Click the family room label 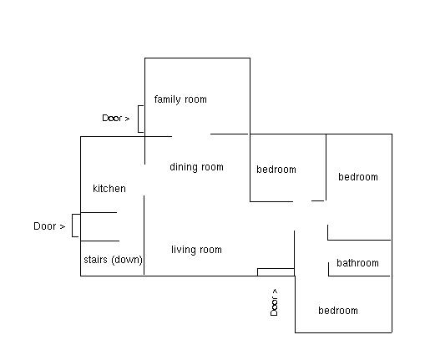(x=180, y=99)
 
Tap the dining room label (x=196, y=167)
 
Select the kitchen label (x=109, y=189)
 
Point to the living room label (x=196, y=250)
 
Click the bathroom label (x=357, y=263)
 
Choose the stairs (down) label (x=113, y=260)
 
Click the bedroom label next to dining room (x=276, y=170)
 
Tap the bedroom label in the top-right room (x=358, y=177)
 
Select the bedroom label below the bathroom (x=338, y=311)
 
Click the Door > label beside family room (x=116, y=119)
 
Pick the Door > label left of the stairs (x=49, y=226)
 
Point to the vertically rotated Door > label (x=274, y=302)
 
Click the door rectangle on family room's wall (x=141, y=119)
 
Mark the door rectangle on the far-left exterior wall (x=76, y=226)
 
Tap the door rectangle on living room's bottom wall (x=276, y=271)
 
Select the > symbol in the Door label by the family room (x=127, y=119)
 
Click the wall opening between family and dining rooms (x=191, y=134)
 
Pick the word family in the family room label (x=168, y=99)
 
